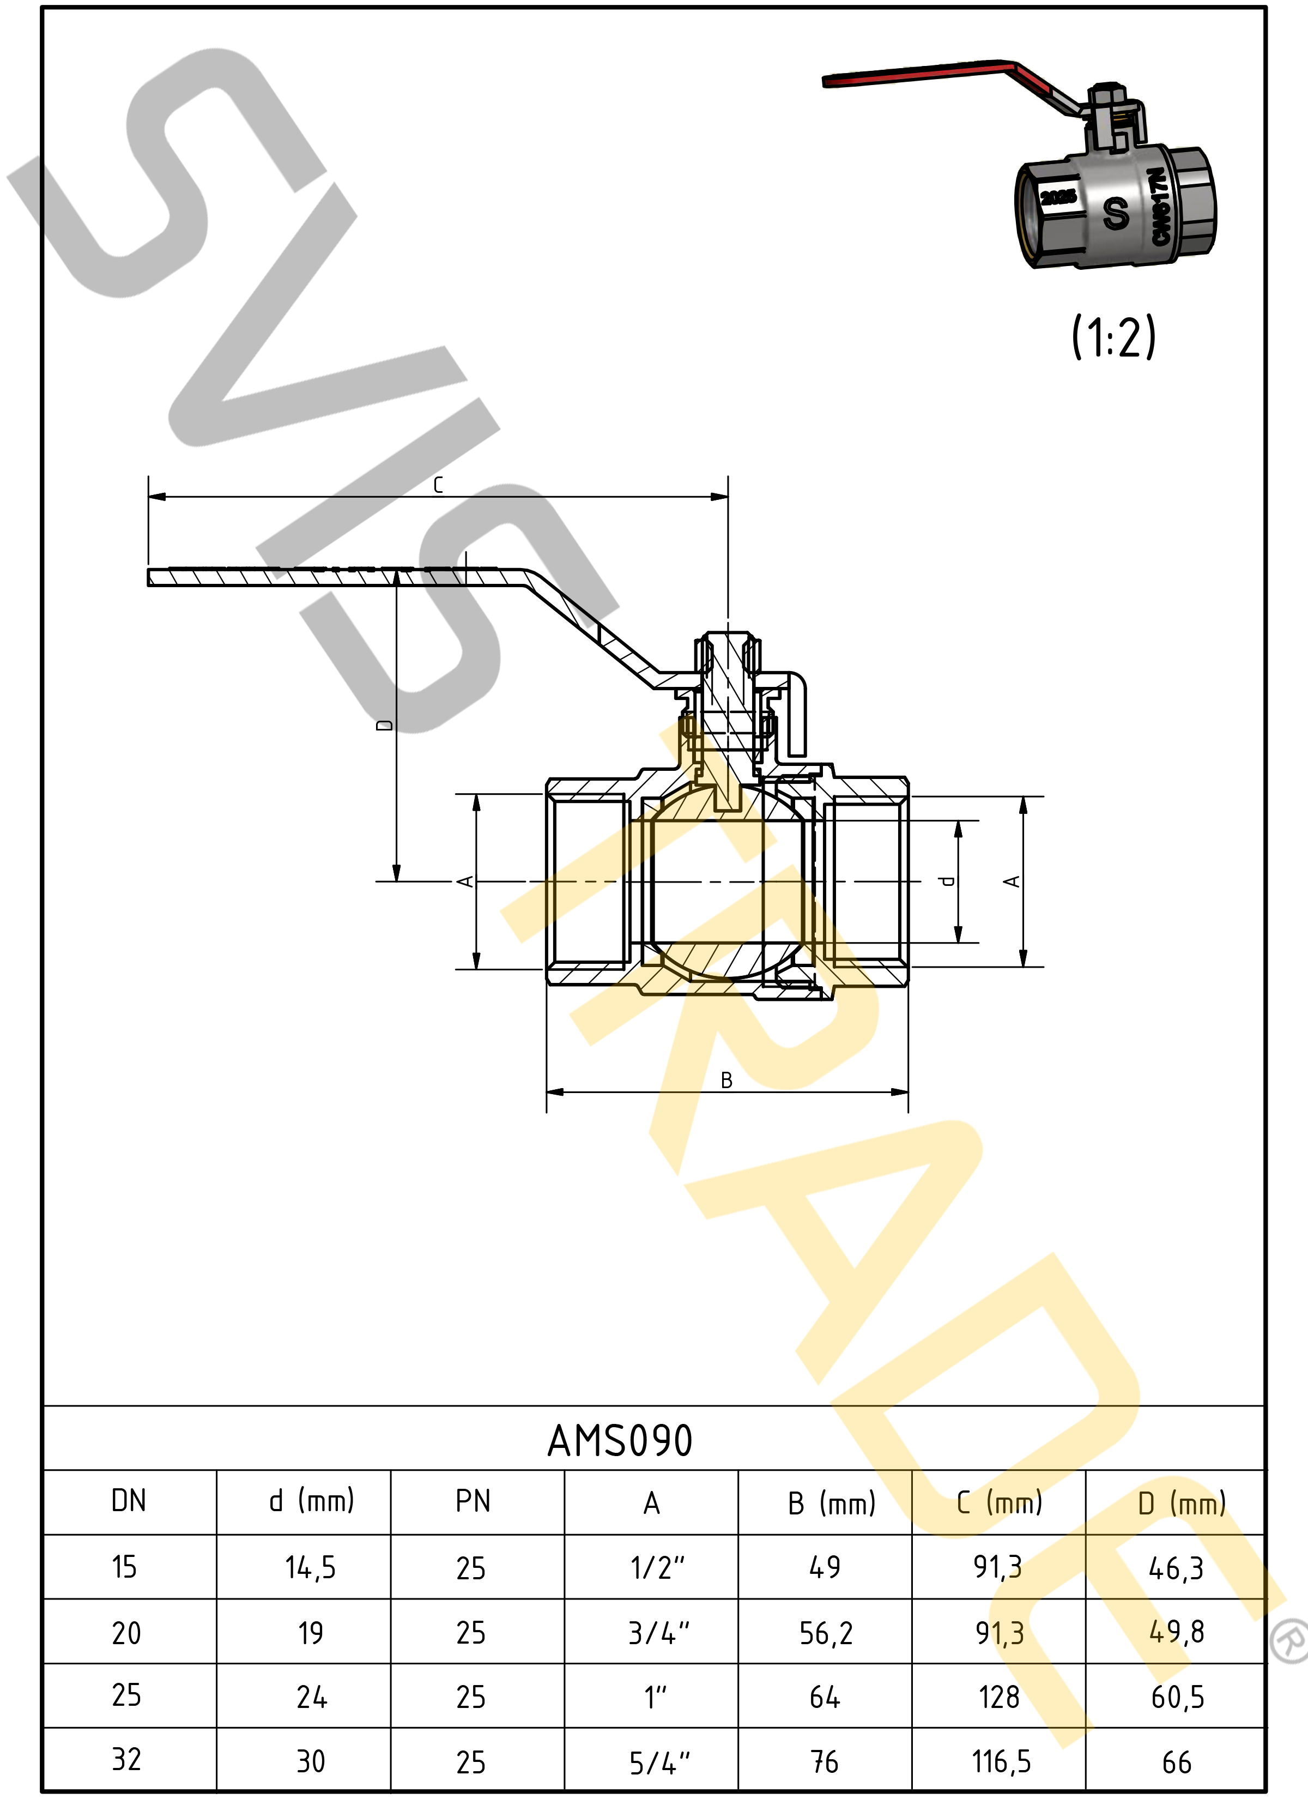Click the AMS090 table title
pos(620,1440)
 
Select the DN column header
pos(129,1501)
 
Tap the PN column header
pos(473,1501)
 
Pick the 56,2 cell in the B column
pos(826,1634)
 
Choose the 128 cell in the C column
pos(998,1698)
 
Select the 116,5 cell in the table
pos(1001,1762)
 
